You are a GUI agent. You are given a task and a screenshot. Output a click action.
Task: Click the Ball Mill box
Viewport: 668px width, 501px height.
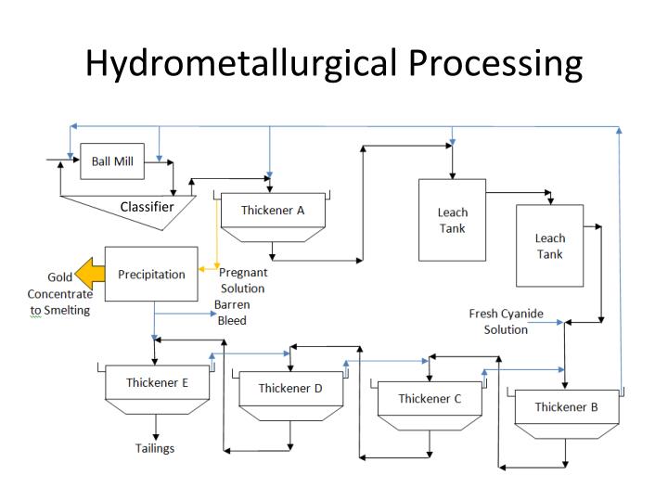coord(112,161)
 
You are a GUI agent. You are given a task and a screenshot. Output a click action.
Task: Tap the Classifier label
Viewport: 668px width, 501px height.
coord(147,207)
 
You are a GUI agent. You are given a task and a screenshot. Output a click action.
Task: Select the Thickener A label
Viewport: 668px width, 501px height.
coord(273,210)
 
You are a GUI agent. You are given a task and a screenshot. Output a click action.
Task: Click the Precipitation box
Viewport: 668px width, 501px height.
coord(151,274)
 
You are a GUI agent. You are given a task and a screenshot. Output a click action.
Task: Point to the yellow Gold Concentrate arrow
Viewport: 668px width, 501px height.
coord(89,275)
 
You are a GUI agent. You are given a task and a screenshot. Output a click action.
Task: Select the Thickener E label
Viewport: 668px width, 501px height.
coord(158,381)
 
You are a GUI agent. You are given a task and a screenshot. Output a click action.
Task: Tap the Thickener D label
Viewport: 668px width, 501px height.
coord(290,388)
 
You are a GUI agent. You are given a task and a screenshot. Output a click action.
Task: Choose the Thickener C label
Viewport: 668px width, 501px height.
coord(430,398)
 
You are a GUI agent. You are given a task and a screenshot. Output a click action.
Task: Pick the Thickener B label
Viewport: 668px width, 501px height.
coord(566,406)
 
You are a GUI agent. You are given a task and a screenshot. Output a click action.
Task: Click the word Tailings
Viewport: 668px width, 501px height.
coord(155,448)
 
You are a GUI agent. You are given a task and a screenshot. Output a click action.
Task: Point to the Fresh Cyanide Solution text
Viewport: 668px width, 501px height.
coord(506,321)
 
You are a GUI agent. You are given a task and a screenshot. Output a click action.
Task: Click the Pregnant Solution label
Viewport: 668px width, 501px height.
coord(243,280)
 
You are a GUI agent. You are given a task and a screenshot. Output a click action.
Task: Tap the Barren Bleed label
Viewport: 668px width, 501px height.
coord(232,312)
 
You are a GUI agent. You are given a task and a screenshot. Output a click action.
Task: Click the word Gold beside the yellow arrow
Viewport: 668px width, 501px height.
coord(60,277)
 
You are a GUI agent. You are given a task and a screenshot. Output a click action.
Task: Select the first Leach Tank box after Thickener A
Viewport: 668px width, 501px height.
coord(452,219)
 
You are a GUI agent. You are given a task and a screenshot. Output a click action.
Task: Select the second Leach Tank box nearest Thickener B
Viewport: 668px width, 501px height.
coord(549,246)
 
